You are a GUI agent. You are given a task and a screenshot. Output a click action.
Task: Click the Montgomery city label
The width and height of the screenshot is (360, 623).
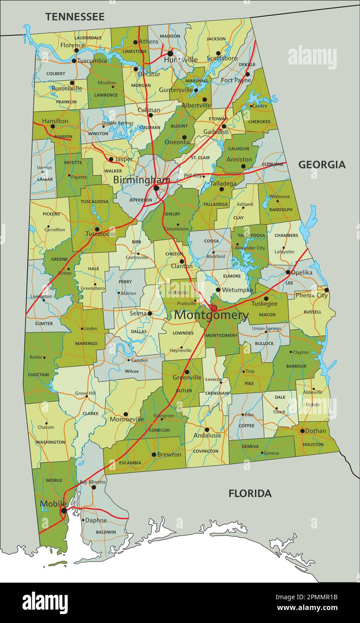click(211, 316)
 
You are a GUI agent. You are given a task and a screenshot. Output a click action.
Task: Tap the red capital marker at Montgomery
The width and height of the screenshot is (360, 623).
click(214, 308)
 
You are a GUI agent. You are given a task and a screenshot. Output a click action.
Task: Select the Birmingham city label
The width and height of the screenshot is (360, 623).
click(141, 180)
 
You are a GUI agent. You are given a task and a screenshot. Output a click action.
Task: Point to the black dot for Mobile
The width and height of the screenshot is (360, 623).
click(64, 511)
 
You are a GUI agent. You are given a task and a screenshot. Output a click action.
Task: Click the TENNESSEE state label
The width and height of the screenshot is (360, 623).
click(75, 17)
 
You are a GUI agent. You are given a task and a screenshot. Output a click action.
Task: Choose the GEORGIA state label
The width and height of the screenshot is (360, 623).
click(322, 164)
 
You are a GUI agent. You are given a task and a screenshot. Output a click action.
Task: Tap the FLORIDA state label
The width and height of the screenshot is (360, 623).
click(250, 493)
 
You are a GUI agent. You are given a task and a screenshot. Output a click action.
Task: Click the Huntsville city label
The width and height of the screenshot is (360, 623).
click(181, 60)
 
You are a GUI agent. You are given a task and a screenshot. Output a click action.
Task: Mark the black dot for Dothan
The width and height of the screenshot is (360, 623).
click(302, 431)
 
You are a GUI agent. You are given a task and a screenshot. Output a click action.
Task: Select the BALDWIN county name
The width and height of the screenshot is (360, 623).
click(105, 532)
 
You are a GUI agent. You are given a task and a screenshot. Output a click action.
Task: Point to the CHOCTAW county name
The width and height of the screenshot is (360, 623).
click(38, 374)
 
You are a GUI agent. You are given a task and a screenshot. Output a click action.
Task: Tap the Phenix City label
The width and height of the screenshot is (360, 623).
click(311, 295)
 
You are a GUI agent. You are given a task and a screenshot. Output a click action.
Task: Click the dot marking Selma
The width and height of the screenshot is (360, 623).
click(150, 313)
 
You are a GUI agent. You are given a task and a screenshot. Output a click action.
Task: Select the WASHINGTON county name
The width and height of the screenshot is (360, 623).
click(50, 442)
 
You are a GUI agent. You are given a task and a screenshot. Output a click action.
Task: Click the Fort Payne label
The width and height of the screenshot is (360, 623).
click(236, 80)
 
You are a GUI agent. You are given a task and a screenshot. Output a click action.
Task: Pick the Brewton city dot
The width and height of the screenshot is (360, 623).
click(153, 454)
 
